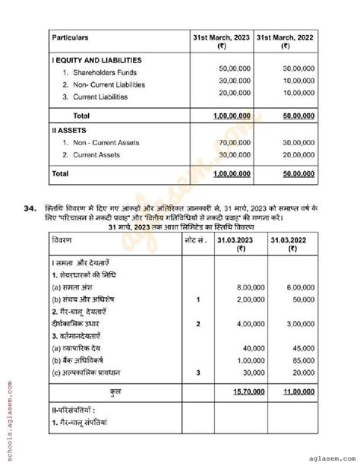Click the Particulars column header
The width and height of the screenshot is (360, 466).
[x=70, y=36]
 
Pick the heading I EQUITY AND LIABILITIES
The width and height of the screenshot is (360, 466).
[x=96, y=60]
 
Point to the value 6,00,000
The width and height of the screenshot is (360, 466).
[x=298, y=288]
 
